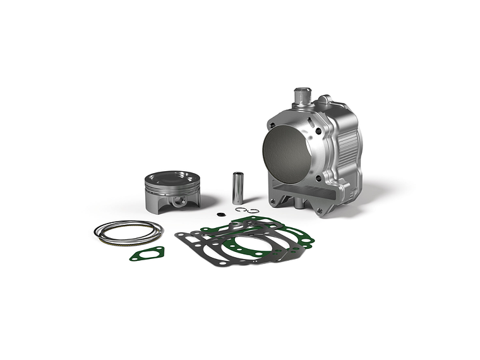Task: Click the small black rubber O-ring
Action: click(x=219, y=213)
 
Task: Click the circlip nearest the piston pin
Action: click(x=240, y=210)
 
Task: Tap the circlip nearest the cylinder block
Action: click(x=252, y=211)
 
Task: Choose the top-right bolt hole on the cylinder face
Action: click(x=318, y=131)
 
